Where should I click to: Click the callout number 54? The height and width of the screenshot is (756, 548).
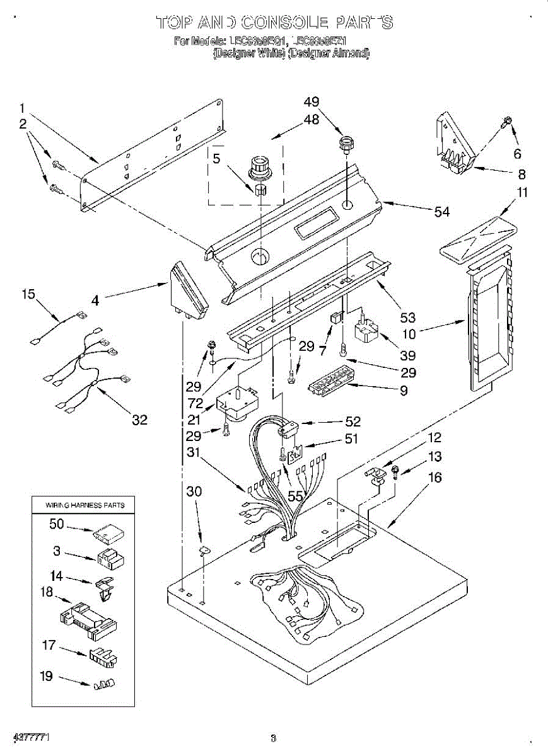tap(441, 212)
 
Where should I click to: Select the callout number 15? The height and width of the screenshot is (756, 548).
tap(28, 294)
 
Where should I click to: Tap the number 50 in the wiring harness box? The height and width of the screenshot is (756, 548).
tap(57, 524)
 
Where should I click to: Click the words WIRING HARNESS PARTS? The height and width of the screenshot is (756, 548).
tap(85, 505)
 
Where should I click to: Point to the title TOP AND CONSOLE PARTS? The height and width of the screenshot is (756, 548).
tap(274, 23)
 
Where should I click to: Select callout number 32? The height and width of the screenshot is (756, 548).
tap(139, 420)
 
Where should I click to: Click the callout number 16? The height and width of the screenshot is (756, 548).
tap(435, 478)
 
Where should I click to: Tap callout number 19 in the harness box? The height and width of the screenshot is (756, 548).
tap(47, 677)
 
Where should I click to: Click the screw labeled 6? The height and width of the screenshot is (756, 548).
tap(507, 122)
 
